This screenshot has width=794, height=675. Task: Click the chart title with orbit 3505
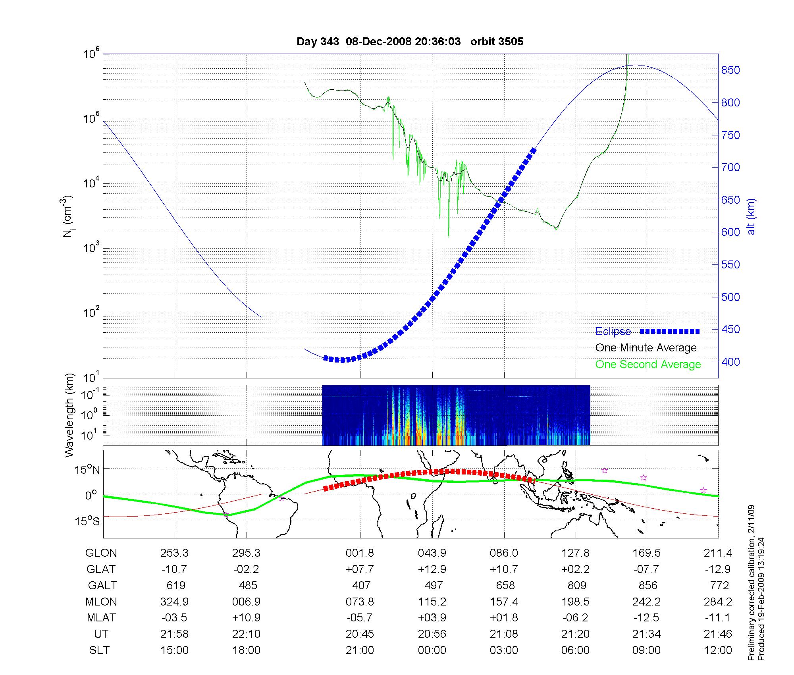click(410, 41)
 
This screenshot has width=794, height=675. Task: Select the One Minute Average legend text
click(646, 348)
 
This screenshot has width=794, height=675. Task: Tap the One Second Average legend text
click(648, 364)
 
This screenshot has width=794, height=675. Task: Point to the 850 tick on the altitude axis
click(730, 70)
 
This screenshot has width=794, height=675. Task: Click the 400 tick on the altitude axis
click(730, 362)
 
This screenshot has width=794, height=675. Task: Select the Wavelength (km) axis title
click(70, 415)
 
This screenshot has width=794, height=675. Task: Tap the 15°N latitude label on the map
click(88, 470)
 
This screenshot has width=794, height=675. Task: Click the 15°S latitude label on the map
click(88, 521)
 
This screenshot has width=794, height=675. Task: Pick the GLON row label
click(101, 553)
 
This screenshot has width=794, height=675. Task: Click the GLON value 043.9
click(432, 553)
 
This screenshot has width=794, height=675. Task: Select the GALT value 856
click(647, 586)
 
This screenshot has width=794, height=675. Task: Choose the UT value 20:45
click(360, 634)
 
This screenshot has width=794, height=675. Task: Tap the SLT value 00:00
click(432, 650)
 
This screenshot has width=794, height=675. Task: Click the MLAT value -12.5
click(647, 618)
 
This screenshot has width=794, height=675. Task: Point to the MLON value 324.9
click(174, 602)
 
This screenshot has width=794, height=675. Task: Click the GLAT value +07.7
click(360, 569)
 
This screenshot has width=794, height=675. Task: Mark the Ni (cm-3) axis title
click(67, 216)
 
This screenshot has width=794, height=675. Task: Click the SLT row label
click(99, 650)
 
